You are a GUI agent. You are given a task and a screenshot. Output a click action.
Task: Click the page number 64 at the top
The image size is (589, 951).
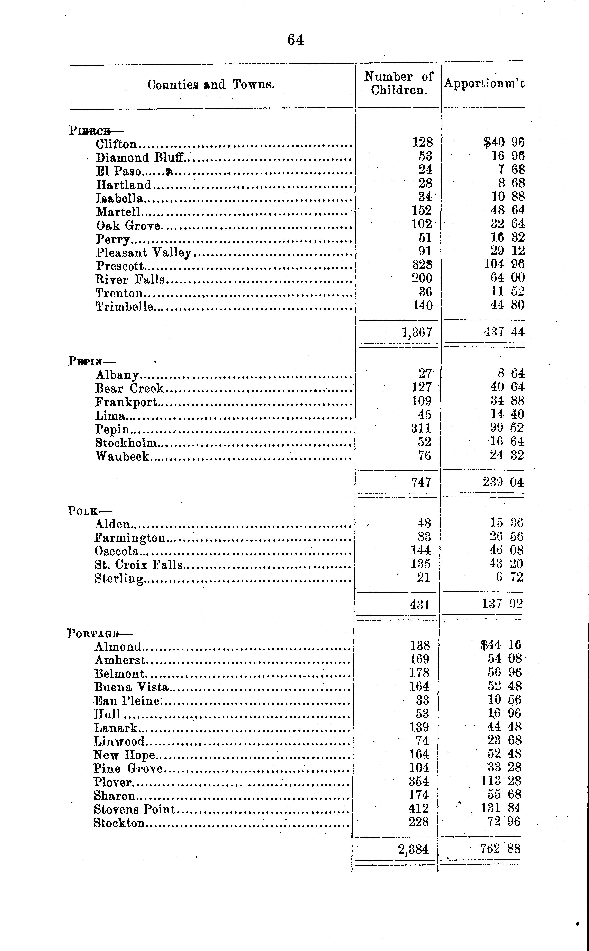tap(296, 40)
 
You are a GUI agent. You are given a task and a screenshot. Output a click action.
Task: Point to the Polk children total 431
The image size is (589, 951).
tap(420, 604)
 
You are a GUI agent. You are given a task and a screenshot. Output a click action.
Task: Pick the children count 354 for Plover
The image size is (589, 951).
tap(419, 781)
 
